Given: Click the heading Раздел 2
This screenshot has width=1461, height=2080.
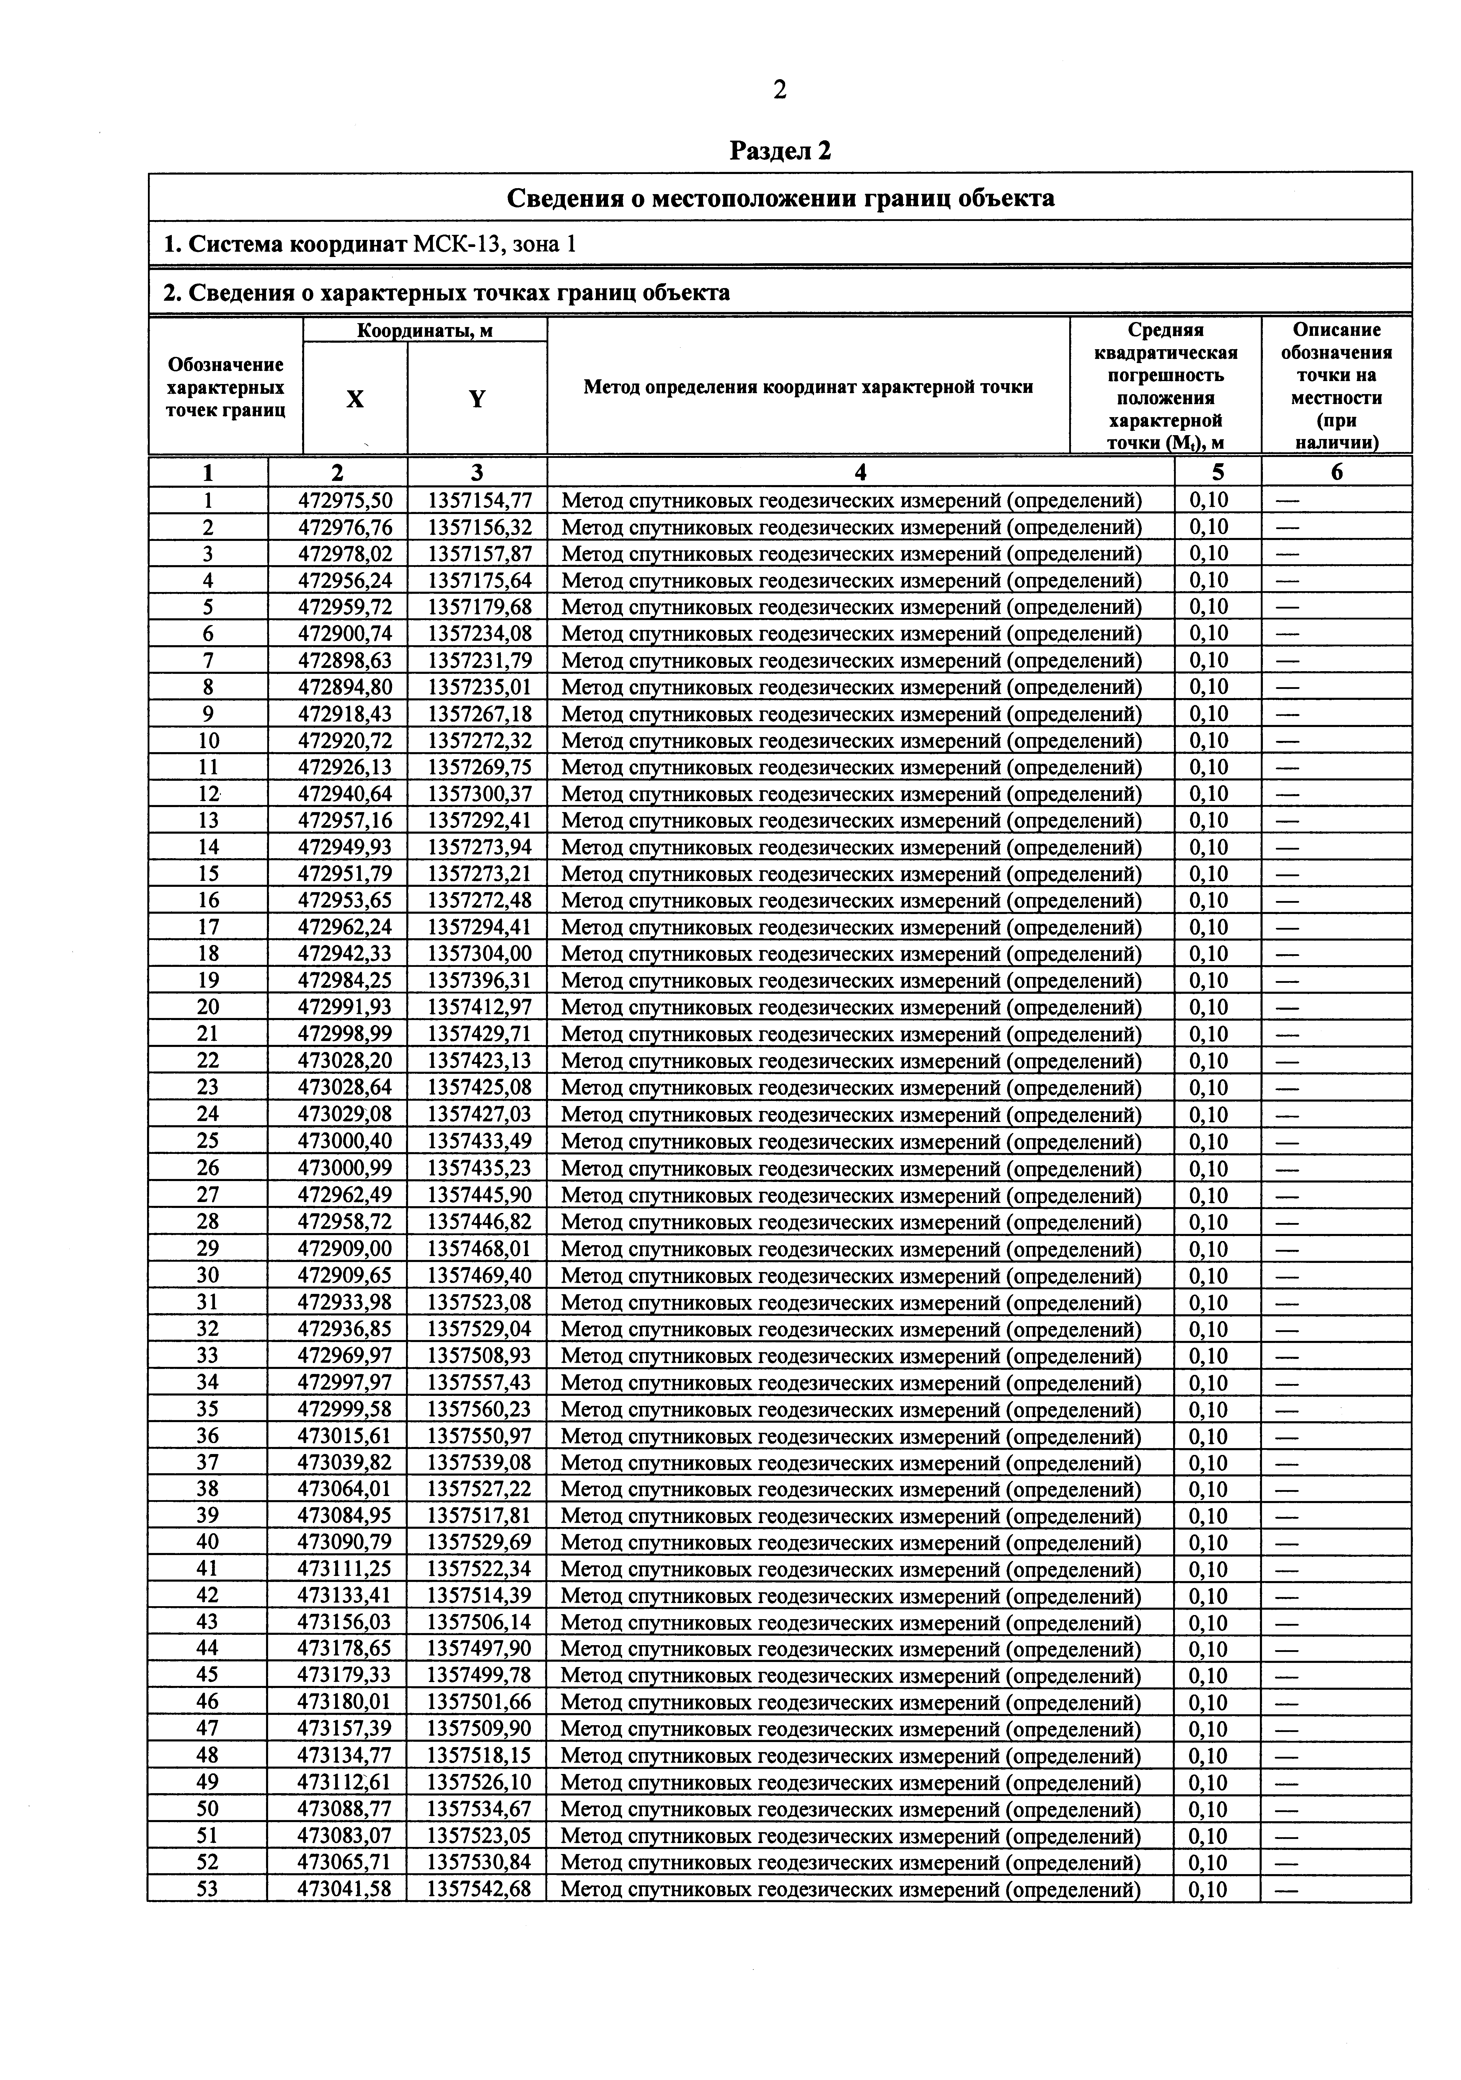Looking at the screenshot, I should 780,150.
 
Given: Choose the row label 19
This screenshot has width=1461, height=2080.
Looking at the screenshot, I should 208,980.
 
